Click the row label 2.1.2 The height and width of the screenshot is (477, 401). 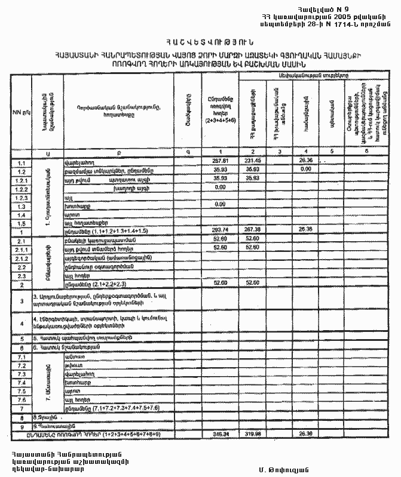(x=22, y=257)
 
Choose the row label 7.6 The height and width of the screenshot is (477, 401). (x=22, y=399)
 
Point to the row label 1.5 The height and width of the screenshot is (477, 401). (x=22, y=221)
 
